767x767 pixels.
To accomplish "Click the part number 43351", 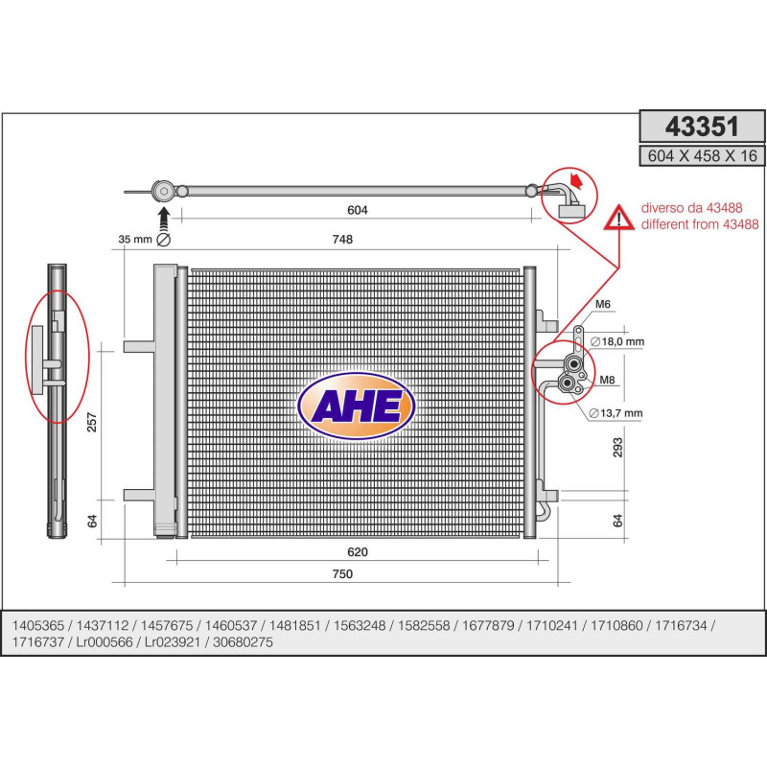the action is pyautogui.click(x=702, y=127).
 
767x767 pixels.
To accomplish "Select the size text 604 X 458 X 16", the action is pyautogui.click(x=702, y=156).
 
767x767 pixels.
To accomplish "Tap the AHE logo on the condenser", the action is pyautogui.click(x=357, y=406).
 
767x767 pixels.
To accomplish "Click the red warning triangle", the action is pyautogui.click(x=619, y=218).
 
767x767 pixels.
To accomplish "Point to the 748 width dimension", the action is pyautogui.click(x=342, y=239).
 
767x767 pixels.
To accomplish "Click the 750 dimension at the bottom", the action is pyautogui.click(x=342, y=573).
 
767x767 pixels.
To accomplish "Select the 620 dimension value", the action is pyautogui.click(x=357, y=552).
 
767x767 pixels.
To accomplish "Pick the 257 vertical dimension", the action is pyautogui.click(x=92, y=423).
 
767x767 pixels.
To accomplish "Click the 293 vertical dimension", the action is pyautogui.click(x=617, y=448).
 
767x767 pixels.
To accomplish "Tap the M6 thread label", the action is pyautogui.click(x=603, y=304).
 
